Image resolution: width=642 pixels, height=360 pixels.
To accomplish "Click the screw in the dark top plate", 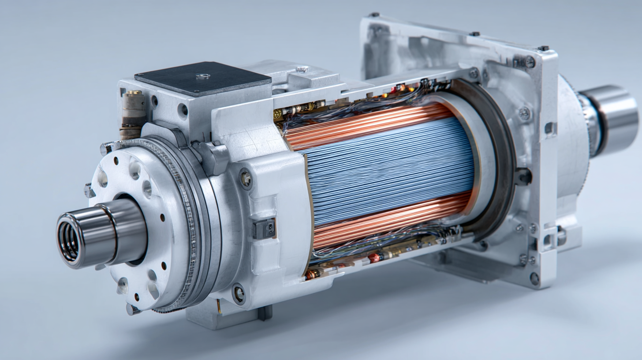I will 202,76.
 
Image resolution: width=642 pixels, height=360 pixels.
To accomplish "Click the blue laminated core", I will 388,170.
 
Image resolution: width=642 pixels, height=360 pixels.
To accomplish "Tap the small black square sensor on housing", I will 265,229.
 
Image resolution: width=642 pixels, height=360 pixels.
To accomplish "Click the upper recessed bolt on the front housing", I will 245,179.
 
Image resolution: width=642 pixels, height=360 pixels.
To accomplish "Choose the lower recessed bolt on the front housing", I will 239,293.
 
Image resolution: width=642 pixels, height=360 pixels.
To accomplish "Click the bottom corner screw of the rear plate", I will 534,278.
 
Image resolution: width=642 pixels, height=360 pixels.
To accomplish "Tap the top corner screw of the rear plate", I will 530,62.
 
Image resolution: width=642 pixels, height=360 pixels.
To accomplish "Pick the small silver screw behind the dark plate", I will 302,69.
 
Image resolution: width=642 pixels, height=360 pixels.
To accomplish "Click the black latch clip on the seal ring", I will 524,176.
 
